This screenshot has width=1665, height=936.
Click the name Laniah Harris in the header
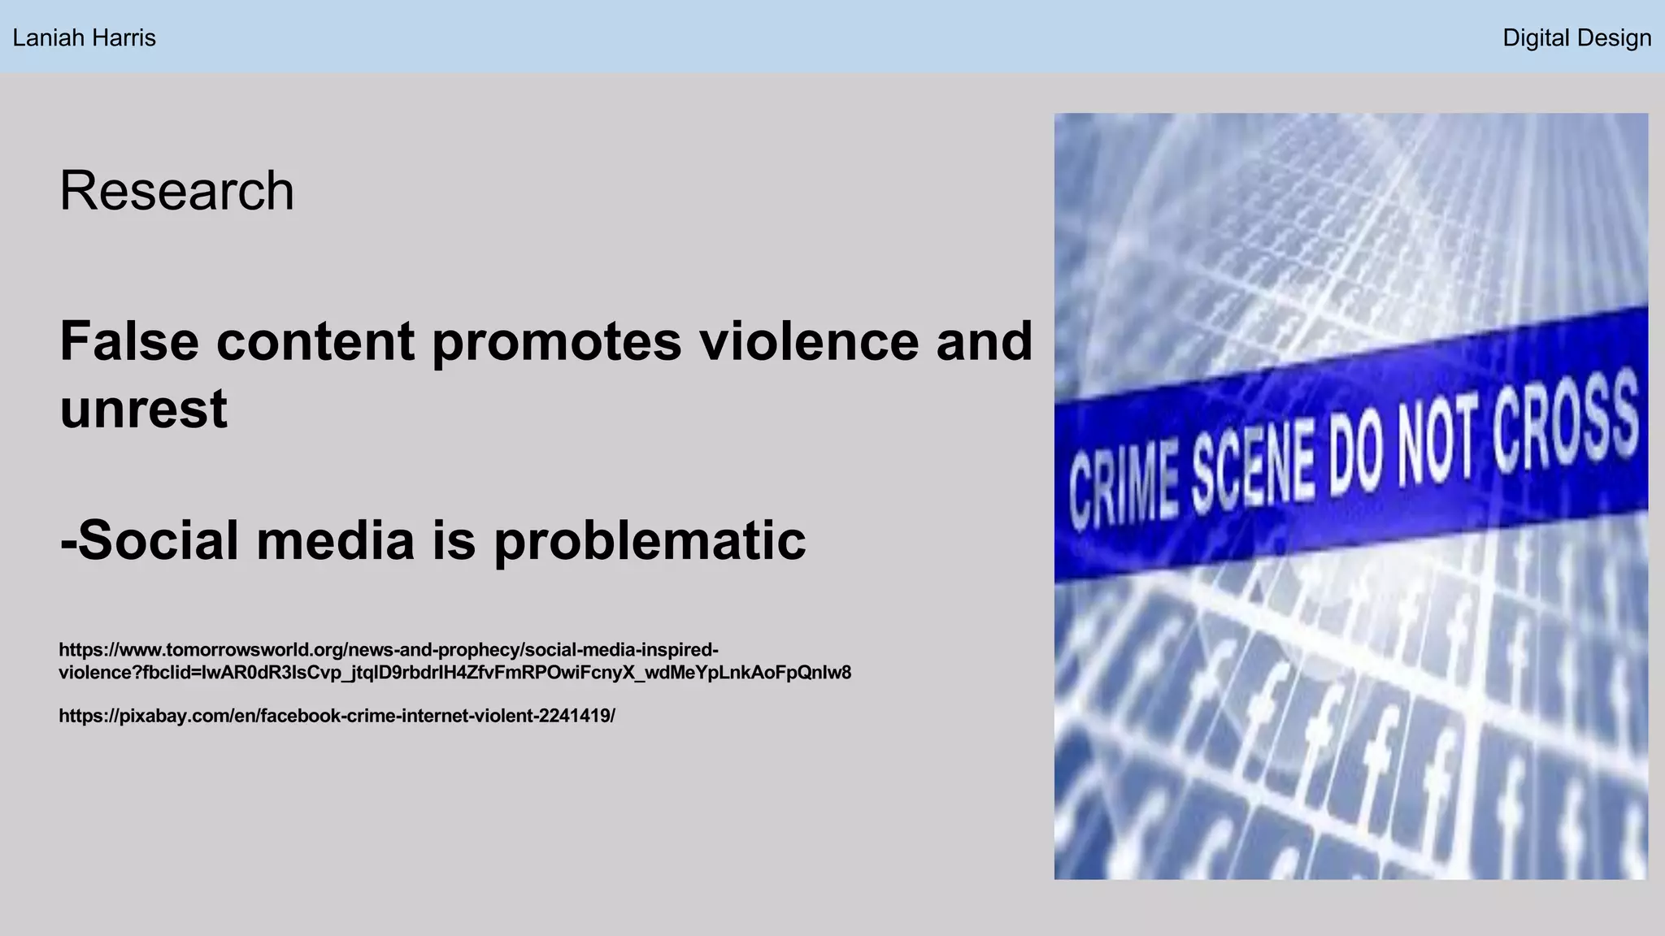point(84,38)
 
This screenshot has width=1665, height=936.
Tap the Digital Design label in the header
point(1576,38)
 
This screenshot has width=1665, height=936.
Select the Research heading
point(176,191)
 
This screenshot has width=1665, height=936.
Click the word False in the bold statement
point(129,341)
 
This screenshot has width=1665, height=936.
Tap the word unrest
point(143,409)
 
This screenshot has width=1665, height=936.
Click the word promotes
point(557,341)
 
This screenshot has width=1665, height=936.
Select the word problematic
point(650,541)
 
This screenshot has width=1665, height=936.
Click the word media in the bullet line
point(335,541)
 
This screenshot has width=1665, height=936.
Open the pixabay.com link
point(337,716)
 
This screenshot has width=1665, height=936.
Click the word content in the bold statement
point(315,341)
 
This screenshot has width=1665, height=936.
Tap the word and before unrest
point(984,341)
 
